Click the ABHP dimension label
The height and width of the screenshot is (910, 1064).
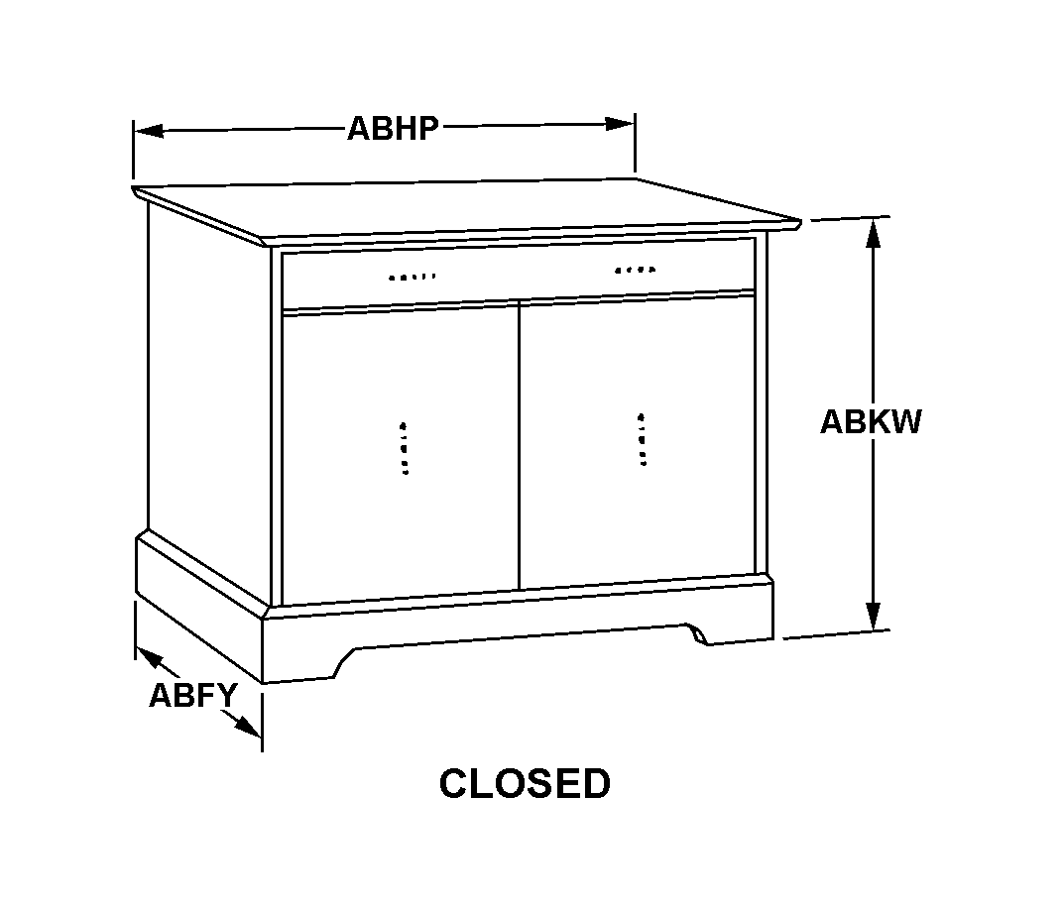point(393,128)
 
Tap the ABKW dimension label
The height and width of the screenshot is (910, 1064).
point(872,421)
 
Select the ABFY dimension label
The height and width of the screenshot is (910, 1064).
point(193,695)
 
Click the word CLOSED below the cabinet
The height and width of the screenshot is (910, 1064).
point(525,783)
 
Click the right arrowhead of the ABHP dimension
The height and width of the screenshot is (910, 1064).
point(620,124)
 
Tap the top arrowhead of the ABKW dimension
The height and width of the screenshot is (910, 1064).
point(874,233)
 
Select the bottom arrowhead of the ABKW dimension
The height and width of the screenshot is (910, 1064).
point(874,616)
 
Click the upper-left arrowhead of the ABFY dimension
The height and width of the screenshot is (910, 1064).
point(149,655)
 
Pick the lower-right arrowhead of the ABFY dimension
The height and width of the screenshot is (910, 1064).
point(248,726)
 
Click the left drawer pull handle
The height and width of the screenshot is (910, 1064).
point(412,277)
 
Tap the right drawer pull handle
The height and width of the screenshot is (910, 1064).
point(636,270)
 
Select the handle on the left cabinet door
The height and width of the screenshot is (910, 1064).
point(405,448)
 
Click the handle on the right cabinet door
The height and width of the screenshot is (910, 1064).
point(642,440)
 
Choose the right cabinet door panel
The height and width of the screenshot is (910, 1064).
point(638,441)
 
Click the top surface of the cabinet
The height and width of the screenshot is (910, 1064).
point(468,208)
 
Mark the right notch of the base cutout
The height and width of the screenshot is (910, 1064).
point(697,633)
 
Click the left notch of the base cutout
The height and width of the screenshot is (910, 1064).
point(345,662)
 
